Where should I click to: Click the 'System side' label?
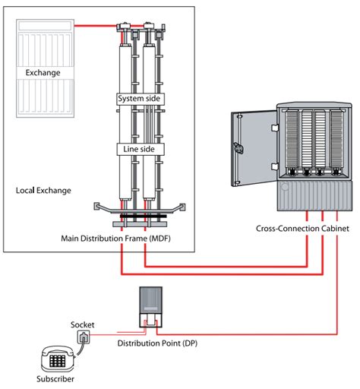pyautogui.click(x=139, y=98)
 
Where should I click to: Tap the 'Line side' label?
pyautogui.click(x=139, y=149)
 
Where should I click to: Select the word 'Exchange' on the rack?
pyautogui.click(x=43, y=73)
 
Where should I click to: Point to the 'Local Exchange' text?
pyautogui.click(x=43, y=191)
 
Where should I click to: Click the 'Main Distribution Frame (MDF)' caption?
pyautogui.click(x=115, y=239)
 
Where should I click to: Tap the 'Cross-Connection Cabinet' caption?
pyautogui.click(x=302, y=229)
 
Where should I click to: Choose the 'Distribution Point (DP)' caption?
pyautogui.click(x=157, y=343)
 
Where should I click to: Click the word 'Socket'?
pyautogui.click(x=82, y=324)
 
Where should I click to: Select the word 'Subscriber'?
pyautogui.click(x=55, y=379)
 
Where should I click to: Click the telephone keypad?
pyautogui.click(x=57, y=361)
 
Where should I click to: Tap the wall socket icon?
pyautogui.click(x=84, y=337)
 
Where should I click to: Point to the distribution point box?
pyautogui.click(x=151, y=307)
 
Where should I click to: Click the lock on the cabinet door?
pyautogui.click(x=238, y=148)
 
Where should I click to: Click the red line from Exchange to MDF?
pyautogui.click(x=96, y=25)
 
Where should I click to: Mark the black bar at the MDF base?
pyautogui.click(x=144, y=216)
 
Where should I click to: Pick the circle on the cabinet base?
pyautogui.click(x=285, y=187)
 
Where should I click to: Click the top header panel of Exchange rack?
pyautogui.click(x=45, y=26)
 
